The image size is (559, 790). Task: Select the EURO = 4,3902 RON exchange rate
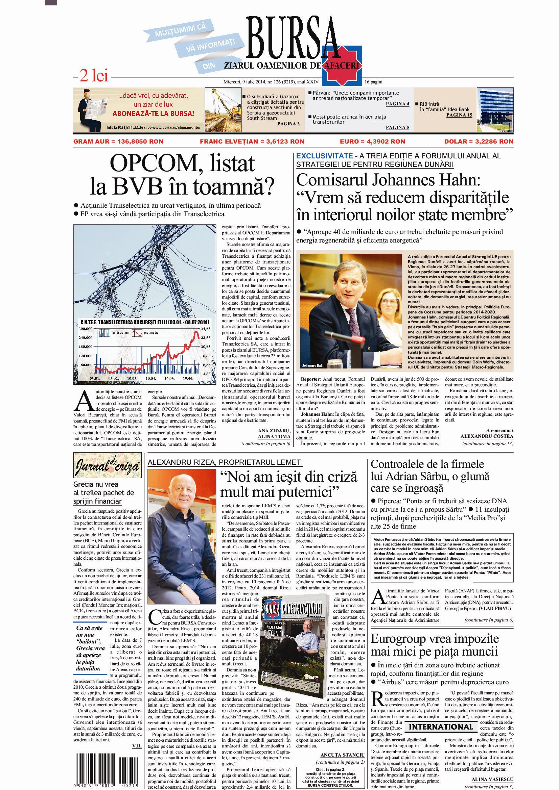(372, 142)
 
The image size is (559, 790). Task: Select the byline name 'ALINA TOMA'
(274, 436)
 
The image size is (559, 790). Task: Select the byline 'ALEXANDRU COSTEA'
(487, 436)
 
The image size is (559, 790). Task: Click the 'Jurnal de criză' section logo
(108, 467)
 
